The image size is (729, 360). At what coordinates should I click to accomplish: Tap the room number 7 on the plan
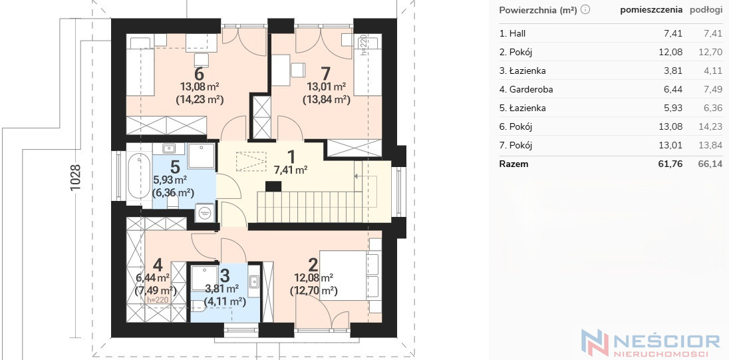(326, 74)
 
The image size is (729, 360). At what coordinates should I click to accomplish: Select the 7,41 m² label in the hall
(291, 170)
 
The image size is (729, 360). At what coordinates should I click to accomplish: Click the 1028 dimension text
(75, 177)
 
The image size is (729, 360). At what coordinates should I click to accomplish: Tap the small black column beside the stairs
(273, 186)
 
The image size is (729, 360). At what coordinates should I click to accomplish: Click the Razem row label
(513, 164)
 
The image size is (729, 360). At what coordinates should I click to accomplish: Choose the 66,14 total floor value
(710, 164)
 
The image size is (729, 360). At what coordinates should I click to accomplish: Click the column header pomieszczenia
(651, 10)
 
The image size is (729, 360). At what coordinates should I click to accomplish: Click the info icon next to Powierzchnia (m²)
(585, 10)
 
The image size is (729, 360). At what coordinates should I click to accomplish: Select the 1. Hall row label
(512, 33)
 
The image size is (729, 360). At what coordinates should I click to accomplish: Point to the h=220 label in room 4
(157, 300)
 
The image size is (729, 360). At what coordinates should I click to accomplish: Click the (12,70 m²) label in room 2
(313, 291)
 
